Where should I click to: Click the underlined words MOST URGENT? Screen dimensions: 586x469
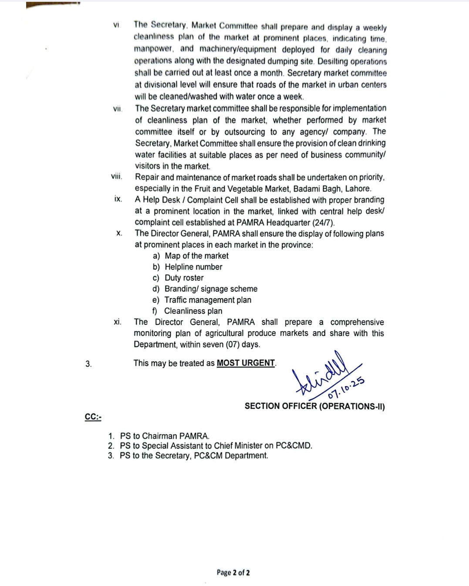[246, 363]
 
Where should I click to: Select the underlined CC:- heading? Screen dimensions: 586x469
[93, 417]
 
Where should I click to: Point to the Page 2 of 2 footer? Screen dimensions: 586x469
[233, 573]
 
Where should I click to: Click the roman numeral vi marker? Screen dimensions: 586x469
[116, 25]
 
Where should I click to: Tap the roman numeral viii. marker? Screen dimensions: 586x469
[117, 176]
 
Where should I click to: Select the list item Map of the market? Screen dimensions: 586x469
[196, 256]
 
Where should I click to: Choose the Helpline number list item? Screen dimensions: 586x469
[193, 267]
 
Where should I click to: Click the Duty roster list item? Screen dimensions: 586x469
[184, 278]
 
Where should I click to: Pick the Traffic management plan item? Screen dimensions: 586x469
[208, 300]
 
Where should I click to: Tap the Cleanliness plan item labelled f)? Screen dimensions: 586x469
[193, 311]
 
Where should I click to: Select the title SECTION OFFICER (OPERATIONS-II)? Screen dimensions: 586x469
[314, 406]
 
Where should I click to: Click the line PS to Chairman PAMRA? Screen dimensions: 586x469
[165, 436]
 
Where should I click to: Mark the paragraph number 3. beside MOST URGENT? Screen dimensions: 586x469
[88, 364]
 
